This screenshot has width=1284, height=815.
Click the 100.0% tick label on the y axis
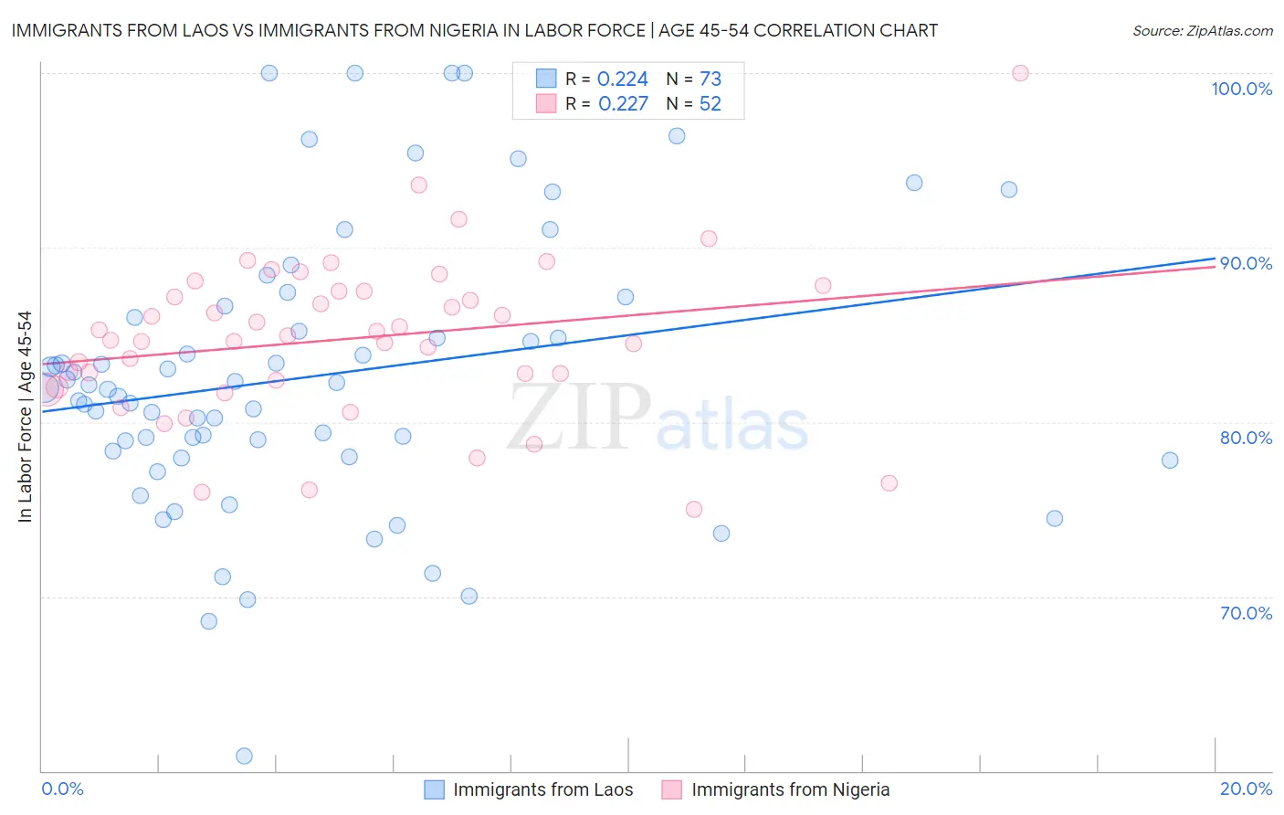pyautogui.click(x=1241, y=89)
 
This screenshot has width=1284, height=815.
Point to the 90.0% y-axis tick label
pyautogui.click(x=1246, y=263)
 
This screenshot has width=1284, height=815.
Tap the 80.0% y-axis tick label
pyautogui.click(x=1246, y=438)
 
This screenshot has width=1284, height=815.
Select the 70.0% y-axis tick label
pyautogui.click(x=1246, y=613)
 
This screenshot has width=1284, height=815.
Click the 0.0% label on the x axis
pyautogui.click(x=62, y=789)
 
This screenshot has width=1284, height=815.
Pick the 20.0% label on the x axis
pyautogui.click(x=1246, y=789)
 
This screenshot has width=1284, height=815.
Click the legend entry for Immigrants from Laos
pyautogui.click(x=542, y=789)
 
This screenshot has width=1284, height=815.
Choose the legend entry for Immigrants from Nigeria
pyautogui.click(x=790, y=789)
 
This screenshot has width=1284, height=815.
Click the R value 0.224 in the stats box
pyautogui.click(x=622, y=79)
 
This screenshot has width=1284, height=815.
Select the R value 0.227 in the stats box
pyautogui.click(x=623, y=104)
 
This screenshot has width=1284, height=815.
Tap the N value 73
pyautogui.click(x=710, y=79)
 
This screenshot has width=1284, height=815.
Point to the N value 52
pyautogui.click(x=710, y=104)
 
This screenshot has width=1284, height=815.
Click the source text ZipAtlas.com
pyautogui.click(x=1229, y=31)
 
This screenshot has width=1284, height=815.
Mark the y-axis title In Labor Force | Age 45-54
pyautogui.click(x=25, y=417)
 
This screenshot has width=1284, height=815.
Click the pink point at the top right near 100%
pyautogui.click(x=1020, y=73)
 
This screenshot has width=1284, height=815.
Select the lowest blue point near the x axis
pyautogui.click(x=244, y=756)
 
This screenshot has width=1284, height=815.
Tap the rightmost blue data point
pyautogui.click(x=1170, y=460)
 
